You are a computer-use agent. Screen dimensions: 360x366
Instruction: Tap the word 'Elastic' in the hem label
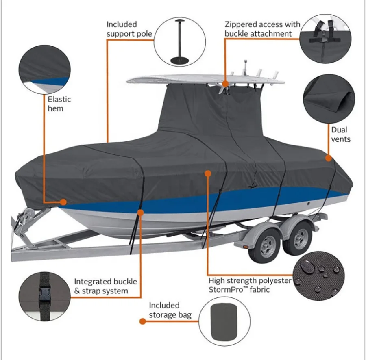coord(59,99)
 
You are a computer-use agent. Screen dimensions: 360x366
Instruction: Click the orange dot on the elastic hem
coord(63,202)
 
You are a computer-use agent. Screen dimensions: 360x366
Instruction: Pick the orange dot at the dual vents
coord(328,158)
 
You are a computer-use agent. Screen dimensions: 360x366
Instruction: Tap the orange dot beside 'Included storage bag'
coord(142,321)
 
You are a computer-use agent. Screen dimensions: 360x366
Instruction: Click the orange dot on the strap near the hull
coord(141,212)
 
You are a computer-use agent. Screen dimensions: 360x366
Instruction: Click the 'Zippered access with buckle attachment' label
coord(262,29)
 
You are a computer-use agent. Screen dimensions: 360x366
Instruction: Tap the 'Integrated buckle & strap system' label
coord(105,286)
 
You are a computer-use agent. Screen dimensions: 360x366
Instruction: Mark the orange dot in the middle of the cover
coord(207,173)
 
